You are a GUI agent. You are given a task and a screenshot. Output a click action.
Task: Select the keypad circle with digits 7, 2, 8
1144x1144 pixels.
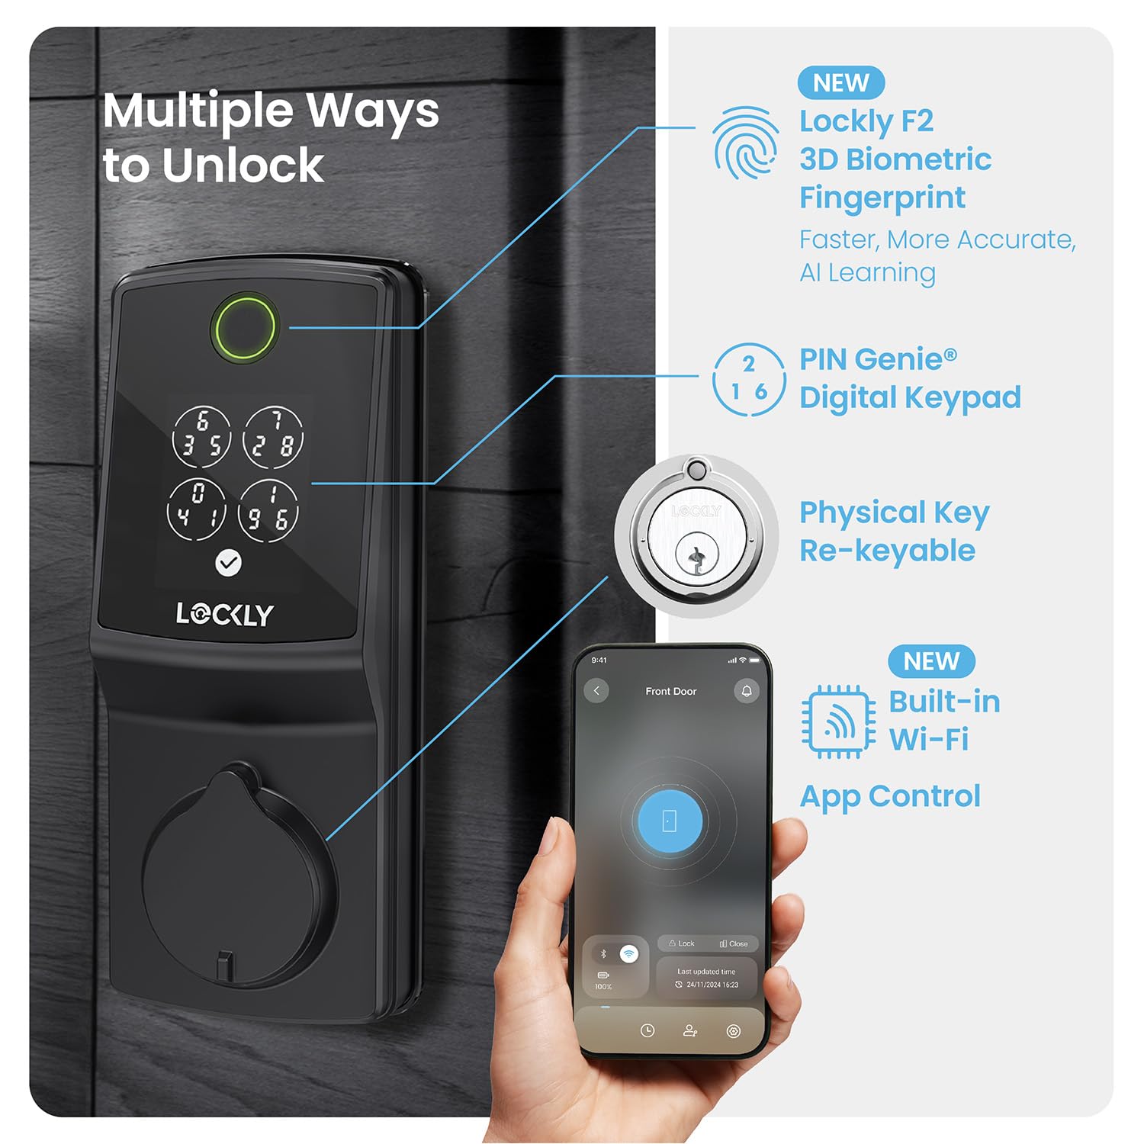(272, 437)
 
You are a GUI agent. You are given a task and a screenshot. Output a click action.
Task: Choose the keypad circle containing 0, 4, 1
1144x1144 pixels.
(197, 507)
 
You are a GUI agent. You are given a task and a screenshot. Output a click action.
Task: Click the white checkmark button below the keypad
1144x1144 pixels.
(228, 563)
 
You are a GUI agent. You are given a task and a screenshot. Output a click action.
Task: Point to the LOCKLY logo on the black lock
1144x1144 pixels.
(224, 614)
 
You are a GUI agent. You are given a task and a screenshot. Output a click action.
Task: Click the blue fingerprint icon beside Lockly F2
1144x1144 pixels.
(746, 143)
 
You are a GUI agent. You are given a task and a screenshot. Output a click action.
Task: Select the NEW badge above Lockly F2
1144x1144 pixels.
(841, 82)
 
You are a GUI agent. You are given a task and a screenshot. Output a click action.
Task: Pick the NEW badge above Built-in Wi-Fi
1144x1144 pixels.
(931, 661)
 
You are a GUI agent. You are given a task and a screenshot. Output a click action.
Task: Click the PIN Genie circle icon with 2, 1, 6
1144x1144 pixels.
(749, 380)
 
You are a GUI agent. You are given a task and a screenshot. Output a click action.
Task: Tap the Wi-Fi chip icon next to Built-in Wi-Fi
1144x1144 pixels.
(838, 721)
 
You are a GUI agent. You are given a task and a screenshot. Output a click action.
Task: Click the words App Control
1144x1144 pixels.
(890, 796)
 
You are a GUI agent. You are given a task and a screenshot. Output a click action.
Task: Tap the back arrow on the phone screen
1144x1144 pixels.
(596, 691)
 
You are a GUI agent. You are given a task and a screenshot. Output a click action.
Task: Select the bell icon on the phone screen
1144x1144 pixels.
(747, 691)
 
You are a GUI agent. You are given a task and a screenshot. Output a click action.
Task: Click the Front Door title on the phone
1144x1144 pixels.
(671, 691)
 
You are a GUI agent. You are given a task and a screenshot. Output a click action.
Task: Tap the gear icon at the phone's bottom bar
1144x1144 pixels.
(734, 1031)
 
